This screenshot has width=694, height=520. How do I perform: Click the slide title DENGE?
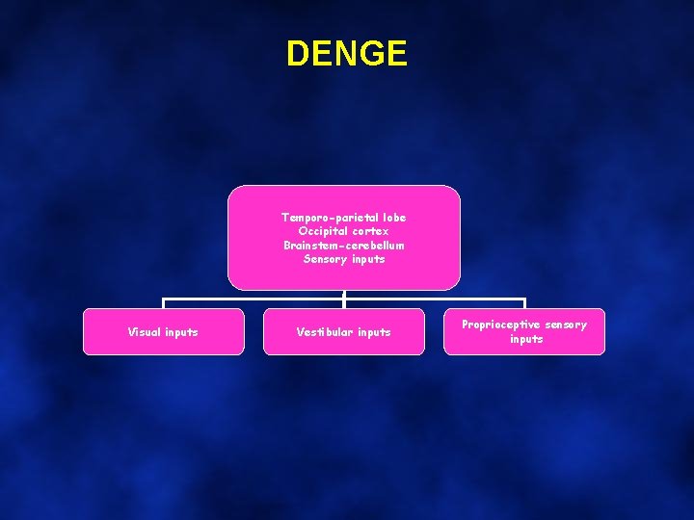(347, 53)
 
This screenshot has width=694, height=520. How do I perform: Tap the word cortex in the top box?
(370, 231)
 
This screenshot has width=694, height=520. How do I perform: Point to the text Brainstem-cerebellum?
(344, 245)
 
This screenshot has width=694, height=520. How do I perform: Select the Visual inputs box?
(163, 331)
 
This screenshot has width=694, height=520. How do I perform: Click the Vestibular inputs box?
(343, 331)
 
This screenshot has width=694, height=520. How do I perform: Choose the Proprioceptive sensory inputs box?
(524, 331)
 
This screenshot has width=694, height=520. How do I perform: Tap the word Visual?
(145, 332)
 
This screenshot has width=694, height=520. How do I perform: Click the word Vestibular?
(324, 332)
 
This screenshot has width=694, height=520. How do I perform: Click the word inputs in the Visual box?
(181, 332)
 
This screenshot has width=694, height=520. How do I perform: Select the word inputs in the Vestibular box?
(374, 332)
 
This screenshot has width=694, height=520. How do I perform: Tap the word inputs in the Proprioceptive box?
(526, 339)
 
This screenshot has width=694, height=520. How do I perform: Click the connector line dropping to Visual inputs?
(163, 303)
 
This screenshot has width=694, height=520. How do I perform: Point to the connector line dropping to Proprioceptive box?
(524, 303)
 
